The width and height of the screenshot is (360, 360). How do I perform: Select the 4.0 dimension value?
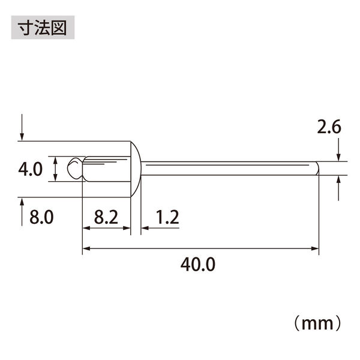[x=30, y=169]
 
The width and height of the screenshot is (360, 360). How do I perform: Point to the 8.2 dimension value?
[x=106, y=217]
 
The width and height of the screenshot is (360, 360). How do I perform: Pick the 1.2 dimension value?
[x=167, y=217]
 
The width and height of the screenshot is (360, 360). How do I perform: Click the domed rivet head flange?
[x=135, y=169]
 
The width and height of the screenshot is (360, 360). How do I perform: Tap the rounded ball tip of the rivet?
[x=75, y=169]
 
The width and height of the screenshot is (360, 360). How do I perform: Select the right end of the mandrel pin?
[x=316, y=169]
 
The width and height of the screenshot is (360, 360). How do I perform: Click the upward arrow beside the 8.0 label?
[x=22, y=211]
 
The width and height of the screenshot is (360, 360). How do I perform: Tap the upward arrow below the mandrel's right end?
[x=339, y=188]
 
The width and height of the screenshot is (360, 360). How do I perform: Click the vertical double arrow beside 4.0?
[x=55, y=169]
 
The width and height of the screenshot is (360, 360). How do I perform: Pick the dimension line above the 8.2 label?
[x=106, y=229]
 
